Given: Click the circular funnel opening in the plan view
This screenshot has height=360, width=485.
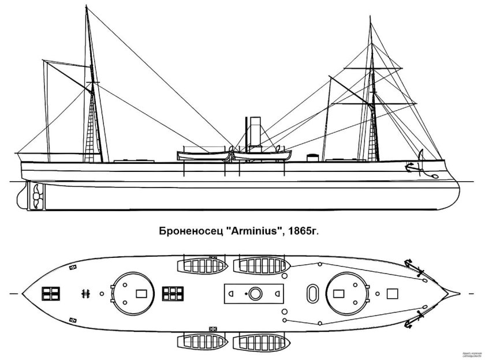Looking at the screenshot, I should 255,294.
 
